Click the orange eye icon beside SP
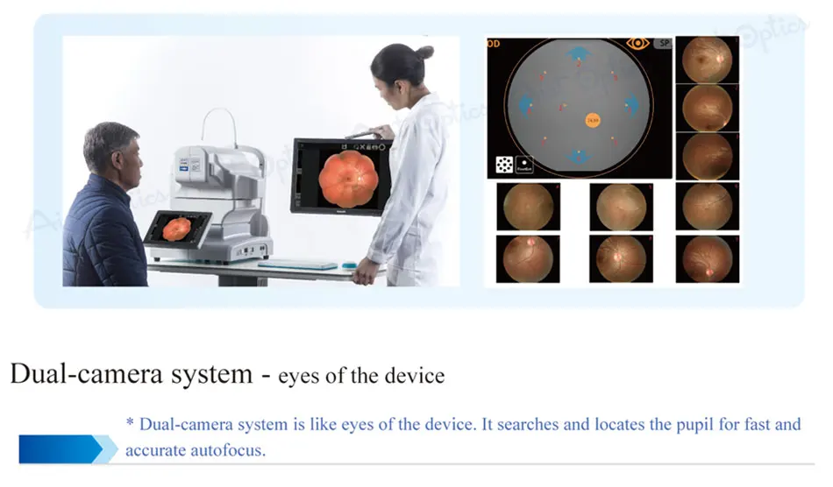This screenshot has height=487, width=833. pos(637,43)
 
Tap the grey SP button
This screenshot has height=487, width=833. pos(662,43)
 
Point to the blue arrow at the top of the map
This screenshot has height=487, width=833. pos(578,56)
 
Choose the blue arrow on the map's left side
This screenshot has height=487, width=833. pos(525,107)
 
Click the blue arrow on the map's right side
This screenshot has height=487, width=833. pos(630,106)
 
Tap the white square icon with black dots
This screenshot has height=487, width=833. pos(504,165)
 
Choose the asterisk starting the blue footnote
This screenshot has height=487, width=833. pos(131,424)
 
